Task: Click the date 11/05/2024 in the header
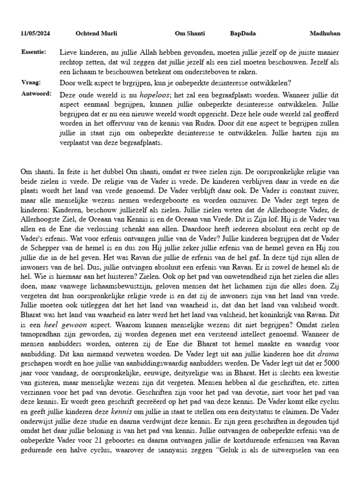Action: click(36, 34)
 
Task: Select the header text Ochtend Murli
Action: click(96, 34)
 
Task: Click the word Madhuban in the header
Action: click(325, 34)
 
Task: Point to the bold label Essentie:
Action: click(33, 52)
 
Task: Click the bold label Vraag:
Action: click(30, 82)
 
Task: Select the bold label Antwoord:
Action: click(36, 94)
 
